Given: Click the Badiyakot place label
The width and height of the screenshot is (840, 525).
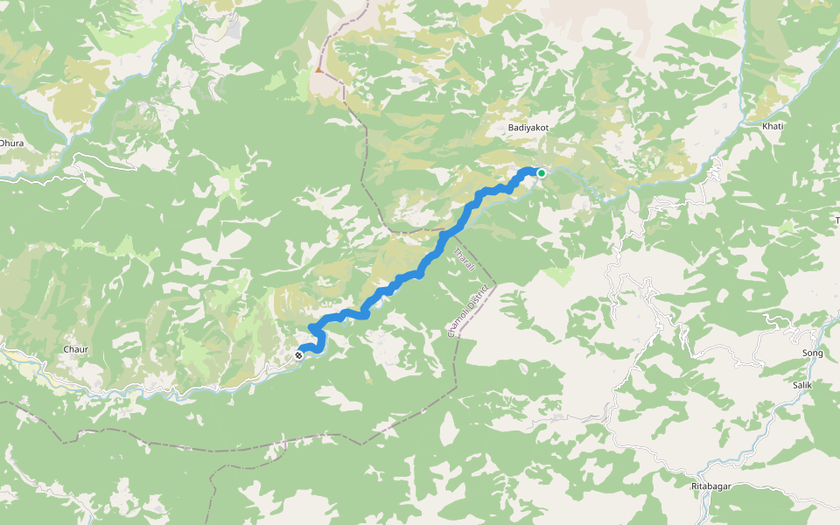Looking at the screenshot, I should (x=528, y=128).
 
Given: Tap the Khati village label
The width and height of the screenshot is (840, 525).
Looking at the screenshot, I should (x=773, y=126).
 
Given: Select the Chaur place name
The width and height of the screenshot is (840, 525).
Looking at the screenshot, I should (x=76, y=350).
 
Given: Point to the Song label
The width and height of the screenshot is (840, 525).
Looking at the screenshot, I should (x=813, y=353).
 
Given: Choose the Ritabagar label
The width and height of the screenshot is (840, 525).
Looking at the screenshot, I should (x=710, y=486).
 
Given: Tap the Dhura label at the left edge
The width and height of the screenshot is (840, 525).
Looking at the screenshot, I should (x=10, y=143).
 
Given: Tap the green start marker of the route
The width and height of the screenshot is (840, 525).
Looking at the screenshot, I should (x=542, y=173).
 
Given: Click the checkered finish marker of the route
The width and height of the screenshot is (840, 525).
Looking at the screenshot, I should (x=300, y=355).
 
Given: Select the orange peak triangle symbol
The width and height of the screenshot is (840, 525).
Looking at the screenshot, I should (x=319, y=70).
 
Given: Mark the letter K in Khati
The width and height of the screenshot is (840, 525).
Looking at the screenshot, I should (x=765, y=126).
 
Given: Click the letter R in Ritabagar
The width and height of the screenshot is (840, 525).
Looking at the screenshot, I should (x=692, y=486).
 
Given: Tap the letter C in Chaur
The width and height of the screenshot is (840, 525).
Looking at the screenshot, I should (x=66, y=350).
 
